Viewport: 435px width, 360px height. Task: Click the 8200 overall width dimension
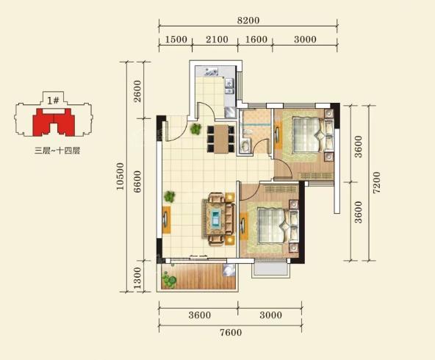(x=248, y=21)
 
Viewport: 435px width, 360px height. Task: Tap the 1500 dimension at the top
(x=176, y=40)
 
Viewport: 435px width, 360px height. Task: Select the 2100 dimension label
(x=217, y=40)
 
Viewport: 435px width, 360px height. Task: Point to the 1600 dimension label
(x=256, y=40)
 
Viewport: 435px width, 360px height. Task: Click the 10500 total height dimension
(x=120, y=176)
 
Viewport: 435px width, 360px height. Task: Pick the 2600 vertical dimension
(x=137, y=91)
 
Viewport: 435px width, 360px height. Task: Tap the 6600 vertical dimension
(x=137, y=181)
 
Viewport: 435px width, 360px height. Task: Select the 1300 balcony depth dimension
(x=137, y=278)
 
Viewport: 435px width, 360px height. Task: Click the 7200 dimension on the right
(x=376, y=182)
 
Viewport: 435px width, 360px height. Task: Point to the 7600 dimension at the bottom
(x=231, y=332)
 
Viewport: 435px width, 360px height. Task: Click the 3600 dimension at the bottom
(x=199, y=315)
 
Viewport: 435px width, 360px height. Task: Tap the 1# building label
(x=53, y=100)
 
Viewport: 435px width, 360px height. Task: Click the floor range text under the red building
(x=57, y=151)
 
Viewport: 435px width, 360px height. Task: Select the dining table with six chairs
(x=221, y=139)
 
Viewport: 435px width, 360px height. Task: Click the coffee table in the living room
(x=216, y=218)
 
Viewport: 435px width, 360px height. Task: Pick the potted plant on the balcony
(x=169, y=280)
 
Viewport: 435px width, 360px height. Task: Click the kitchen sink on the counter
(x=229, y=86)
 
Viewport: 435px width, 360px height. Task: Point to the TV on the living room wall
(x=165, y=220)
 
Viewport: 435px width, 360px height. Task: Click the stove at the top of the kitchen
(x=211, y=72)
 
